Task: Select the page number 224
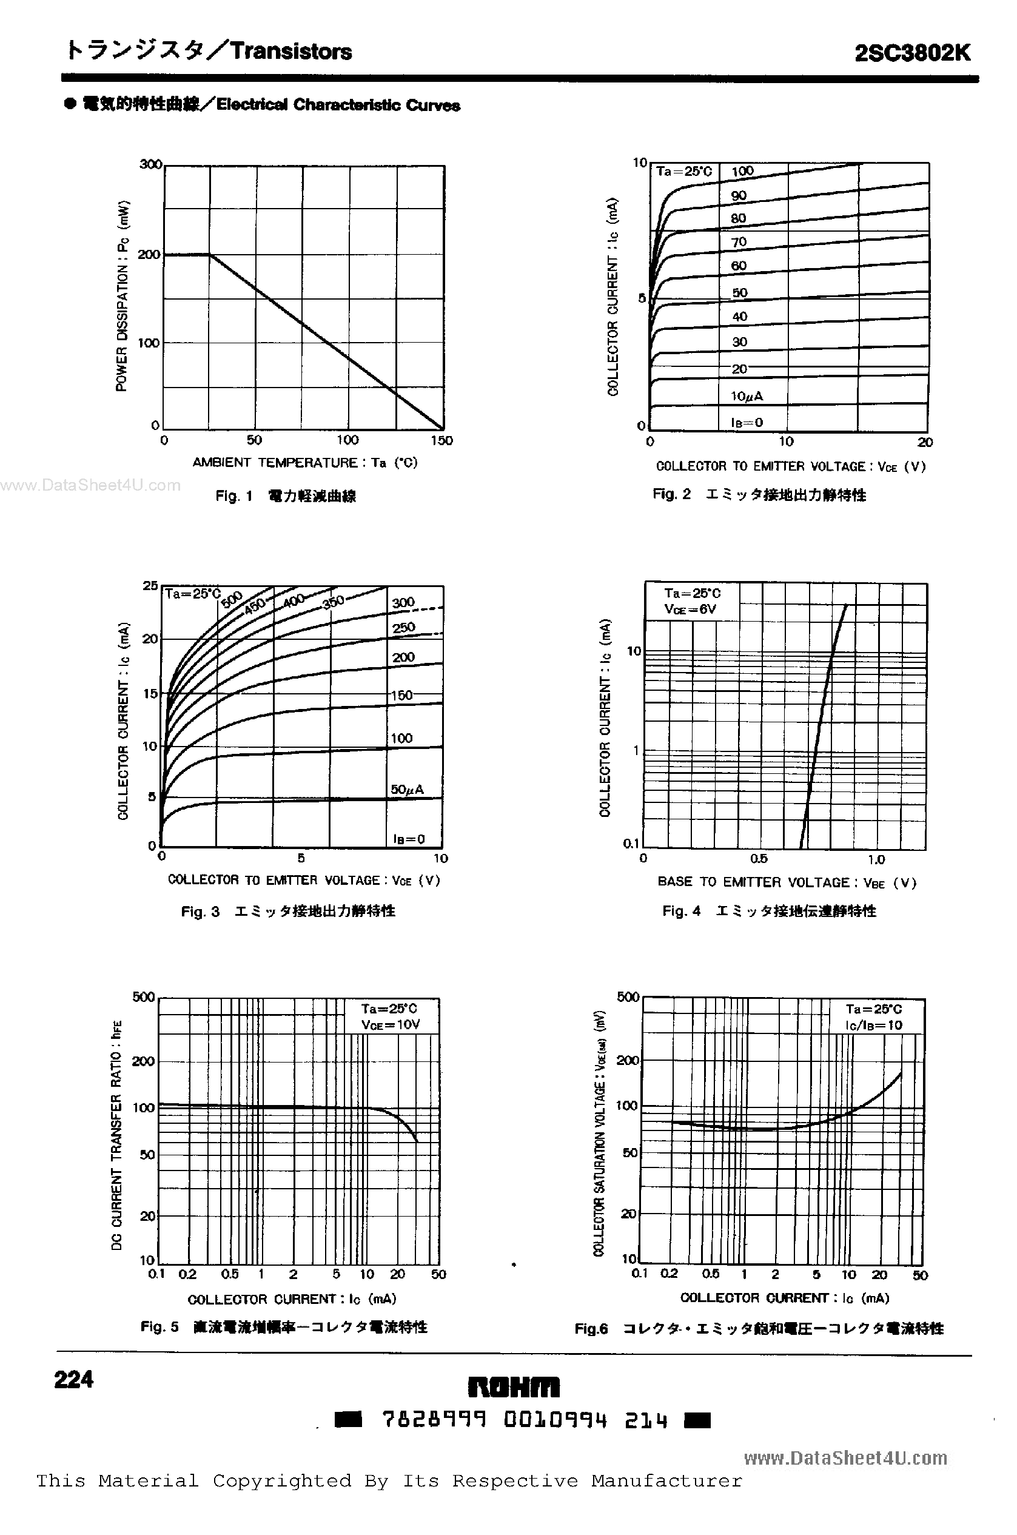pos(74,1379)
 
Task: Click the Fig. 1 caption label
pos(233,496)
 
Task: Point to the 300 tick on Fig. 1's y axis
pos(150,165)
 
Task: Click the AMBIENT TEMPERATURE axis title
pos(305,462)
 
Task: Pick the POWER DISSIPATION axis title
pos(122,296)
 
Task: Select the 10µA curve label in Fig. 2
pos(747,395)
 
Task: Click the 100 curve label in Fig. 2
pos(742,171)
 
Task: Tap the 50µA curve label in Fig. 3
pos(407,789)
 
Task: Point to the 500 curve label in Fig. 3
pos(232,600)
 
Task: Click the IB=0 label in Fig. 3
pos(409,839)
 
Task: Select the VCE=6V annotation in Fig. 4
pos(690,609)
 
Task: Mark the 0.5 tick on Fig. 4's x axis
pos(758,859)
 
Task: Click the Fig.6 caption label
pos(591,1329)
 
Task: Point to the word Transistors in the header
pos(291,51)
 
